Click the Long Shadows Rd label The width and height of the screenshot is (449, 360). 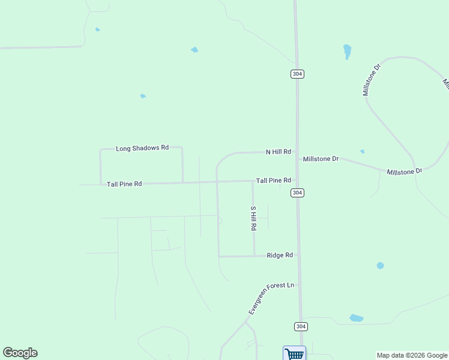(x=142, y=148)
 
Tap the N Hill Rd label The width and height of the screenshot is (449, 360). (x=279, y=152)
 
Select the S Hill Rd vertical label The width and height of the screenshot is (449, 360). (x=253, y=219)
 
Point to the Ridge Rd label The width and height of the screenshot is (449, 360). (x=280, y=256)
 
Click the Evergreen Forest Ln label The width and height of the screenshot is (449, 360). (x=272, y=298)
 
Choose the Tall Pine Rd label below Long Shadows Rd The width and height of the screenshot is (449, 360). (x=124, y=184)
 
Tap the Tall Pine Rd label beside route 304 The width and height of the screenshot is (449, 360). (x=274, y=181)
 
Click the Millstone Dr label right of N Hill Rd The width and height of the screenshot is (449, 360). (x=321, y=159)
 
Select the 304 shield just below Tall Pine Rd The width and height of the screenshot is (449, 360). (x=297, y=193)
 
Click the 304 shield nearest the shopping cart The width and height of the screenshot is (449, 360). (x=301, y=326)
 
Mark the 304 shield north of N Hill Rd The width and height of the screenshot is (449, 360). (x=297, y=74)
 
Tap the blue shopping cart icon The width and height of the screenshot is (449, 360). (x=294, y=353)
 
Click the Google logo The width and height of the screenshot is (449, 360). (x=20, y=353)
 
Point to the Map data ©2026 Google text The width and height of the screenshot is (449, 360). (x=412, y=355)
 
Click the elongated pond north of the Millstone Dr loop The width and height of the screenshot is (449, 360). (x=347, y=52)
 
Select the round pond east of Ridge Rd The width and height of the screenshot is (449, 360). (x=380, y=265)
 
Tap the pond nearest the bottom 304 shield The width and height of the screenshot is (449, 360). (x=357, y=318)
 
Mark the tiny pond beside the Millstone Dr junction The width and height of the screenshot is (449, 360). (x=362, y=151)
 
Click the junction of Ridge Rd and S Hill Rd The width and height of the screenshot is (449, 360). (x=254, y=256)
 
